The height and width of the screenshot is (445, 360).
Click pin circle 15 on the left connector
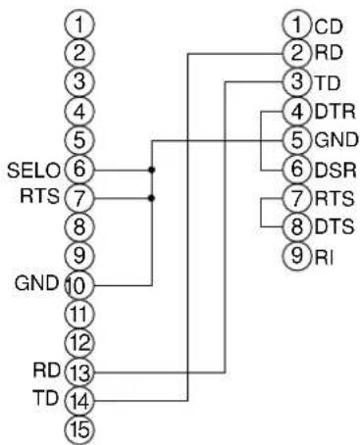coord(82,429)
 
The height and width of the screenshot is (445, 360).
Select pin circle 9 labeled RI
coord(297,258)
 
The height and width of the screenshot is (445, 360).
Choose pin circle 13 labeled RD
coord(82,371)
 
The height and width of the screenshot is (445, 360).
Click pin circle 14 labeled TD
coord(82,400)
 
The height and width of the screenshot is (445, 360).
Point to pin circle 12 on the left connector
coord(82,342)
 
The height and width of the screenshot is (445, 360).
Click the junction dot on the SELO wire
coord(150,169)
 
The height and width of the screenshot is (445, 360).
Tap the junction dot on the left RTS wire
coord(150,197)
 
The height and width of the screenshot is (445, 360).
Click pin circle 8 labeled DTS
coord(297,228)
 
